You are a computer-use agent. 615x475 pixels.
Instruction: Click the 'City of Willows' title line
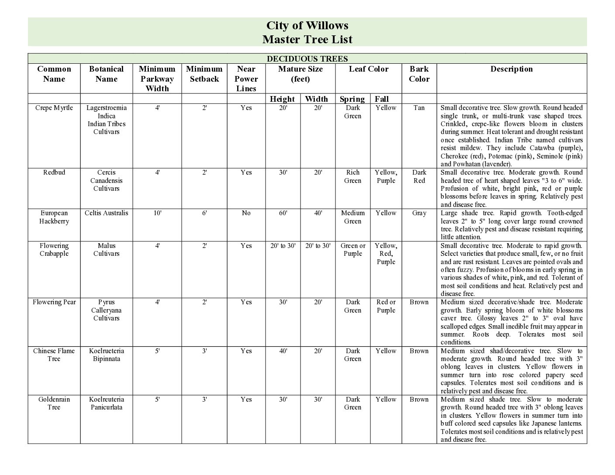tap(307, 25)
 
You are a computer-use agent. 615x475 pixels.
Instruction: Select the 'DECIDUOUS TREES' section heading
tap(307, 59)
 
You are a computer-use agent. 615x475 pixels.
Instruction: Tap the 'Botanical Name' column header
tap(106, 74)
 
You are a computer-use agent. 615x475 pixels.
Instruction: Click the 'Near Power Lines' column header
tap(246, 79)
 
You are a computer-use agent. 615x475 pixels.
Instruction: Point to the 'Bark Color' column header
tap(419, 74)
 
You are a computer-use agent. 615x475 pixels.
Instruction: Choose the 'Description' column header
tap(511, 69)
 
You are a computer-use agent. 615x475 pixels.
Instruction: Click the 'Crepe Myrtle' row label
tap(54, 108)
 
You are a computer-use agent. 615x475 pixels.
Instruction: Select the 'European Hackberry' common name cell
tap(54, 217)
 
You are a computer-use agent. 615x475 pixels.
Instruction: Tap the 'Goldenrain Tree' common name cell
tap(54, 403)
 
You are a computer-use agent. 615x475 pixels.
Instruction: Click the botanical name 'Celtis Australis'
tap(106, 213)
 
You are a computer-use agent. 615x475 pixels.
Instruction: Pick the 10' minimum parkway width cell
tap(157, 213)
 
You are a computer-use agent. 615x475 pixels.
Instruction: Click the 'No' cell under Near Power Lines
tap(246, 213)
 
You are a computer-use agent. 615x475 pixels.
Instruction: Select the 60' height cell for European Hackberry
tap(283, 213)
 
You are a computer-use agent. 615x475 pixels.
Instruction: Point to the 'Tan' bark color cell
tap(419, 108)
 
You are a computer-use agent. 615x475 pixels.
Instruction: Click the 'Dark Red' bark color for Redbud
tap(419, 176)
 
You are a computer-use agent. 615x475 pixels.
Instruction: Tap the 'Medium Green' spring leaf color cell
tap(352, 217)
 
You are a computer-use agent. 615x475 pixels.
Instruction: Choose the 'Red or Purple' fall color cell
tap(386, 306)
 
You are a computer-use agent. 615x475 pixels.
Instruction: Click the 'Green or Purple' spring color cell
tap(352, 250)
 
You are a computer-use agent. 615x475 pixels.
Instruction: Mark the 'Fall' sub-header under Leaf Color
tap(381, 99)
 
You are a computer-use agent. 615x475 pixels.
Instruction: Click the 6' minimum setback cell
tap(204, 213)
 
